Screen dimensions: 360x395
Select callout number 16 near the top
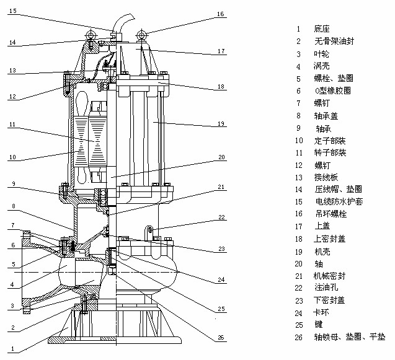click(220, 14)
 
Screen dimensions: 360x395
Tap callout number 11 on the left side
click(13, 125)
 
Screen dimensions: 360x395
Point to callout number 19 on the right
click(220, 124)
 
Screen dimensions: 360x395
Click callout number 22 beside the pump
click(220, 217)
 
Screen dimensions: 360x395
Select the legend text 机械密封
click(329, 275)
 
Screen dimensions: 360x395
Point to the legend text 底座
click(322, 29)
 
